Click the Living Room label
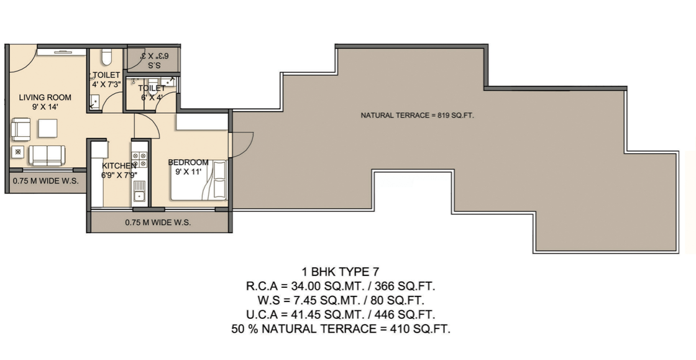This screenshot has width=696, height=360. (x=45, y=97)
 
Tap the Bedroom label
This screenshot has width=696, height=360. (x=188, y=162)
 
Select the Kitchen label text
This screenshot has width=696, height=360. (x=119, y=165)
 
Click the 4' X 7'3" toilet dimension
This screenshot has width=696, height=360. (x=106, y=85)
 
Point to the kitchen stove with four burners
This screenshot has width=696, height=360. (x=140, y=159)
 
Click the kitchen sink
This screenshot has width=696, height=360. (x=139, y=191)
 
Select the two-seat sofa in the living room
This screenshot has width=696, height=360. (x=47, y=155)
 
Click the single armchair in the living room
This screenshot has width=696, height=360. (x=21, y=129)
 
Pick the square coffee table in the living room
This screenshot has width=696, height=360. (x=47, y=128)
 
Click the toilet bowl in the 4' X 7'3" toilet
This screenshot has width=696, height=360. (x=106, y=57)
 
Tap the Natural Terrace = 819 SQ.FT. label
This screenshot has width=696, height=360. (x=417, y=116)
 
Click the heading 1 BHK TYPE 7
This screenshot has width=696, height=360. (x=341, y=272)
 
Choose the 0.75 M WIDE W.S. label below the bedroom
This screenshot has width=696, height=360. (x=158, y=223)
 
